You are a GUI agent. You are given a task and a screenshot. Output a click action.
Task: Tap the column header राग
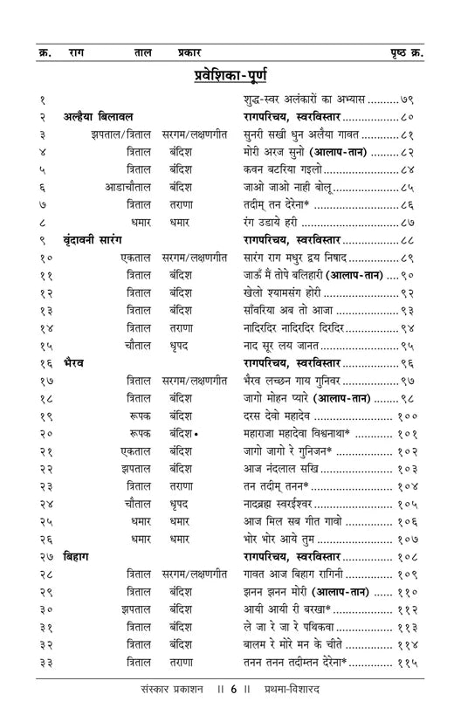click(77, 52)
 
